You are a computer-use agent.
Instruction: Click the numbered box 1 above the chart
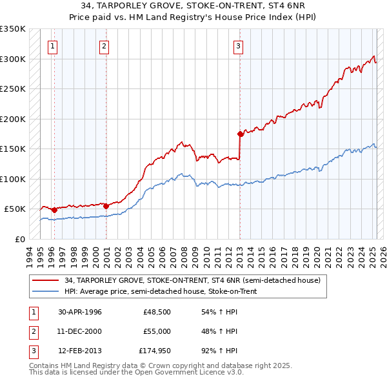pyautogui.click(x=51, y=46)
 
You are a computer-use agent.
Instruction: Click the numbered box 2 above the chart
pyautogui.click(x=104, y=46)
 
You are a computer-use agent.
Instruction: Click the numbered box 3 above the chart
pyautogui.click(x=238, y=46)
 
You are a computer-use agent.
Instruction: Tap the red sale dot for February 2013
pyautogui.click(x=241, y=134)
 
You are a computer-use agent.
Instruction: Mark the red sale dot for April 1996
pyautogui.click(x=54, y=210)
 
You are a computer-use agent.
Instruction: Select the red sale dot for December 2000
pyautogui.click(x=106, y=206)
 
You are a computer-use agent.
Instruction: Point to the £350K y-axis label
pyautogui.click(x=13, y=29)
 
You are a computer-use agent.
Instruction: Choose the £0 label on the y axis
pyautogui.click(x=19, y=239)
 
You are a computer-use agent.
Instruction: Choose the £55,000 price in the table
pyautogui.click(x=157, y=331)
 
